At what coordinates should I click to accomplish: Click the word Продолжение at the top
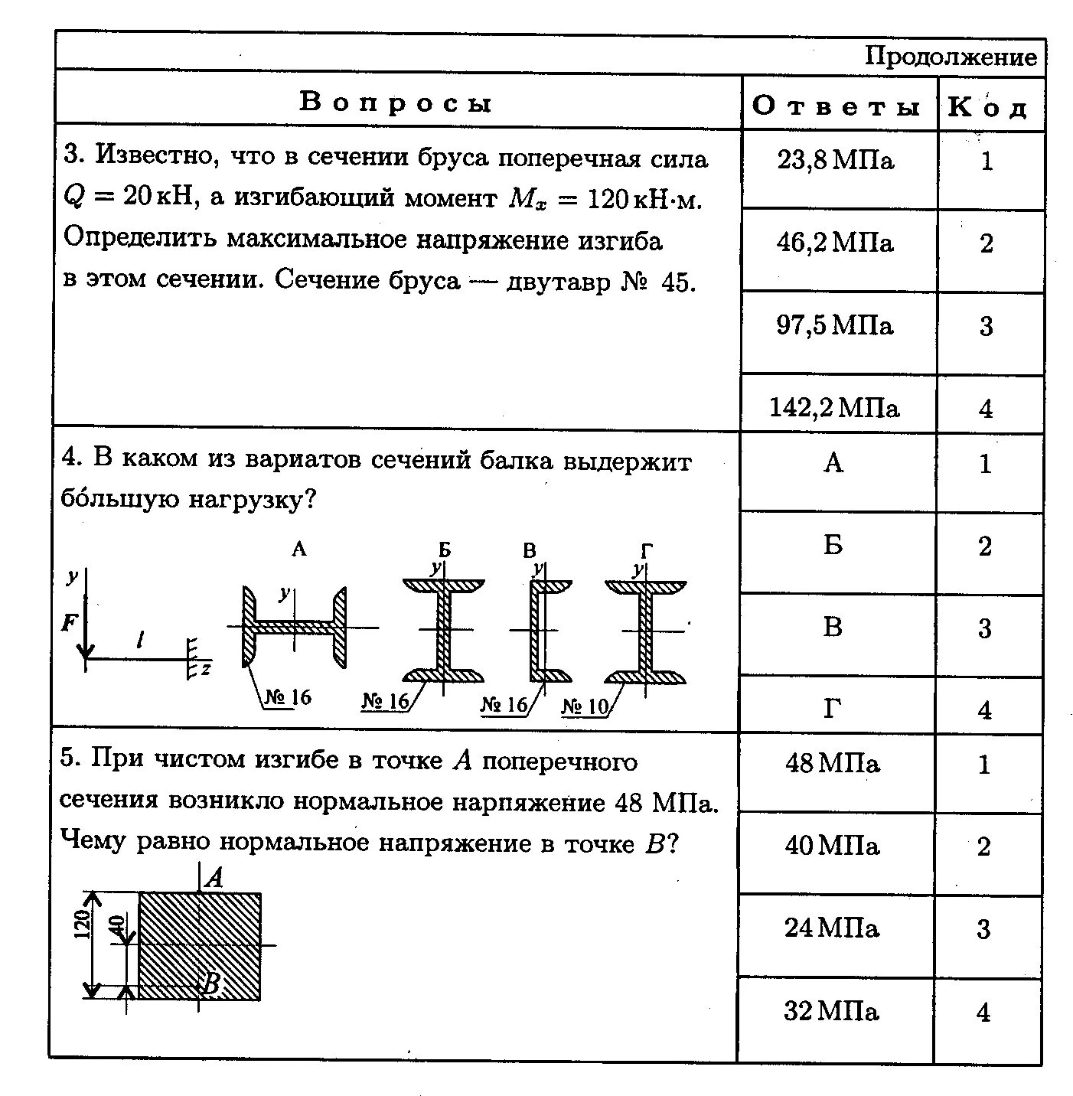[x=951, y=56]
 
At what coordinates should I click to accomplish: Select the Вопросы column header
[x=395, y=102]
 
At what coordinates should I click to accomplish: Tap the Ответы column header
[x=836, y=106]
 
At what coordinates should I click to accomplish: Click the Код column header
[x=987, y=107]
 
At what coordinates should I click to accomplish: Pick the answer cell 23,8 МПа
[x=835, y=161]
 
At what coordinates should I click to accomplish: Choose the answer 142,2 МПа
[x=834, y=407]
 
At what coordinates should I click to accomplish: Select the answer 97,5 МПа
[x=835, y=325]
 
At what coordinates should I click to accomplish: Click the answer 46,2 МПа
[x=835, y=243]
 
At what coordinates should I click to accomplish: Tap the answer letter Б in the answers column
[x=833, y=546]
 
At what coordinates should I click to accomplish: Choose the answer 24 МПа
[x=832, y=928]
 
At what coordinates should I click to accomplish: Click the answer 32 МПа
[x=832, y=1012]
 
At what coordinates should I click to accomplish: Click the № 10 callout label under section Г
[x=585, y=706]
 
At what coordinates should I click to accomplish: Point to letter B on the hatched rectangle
[x=210, y=983]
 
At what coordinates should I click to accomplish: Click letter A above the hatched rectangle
[x=215, y=877]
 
